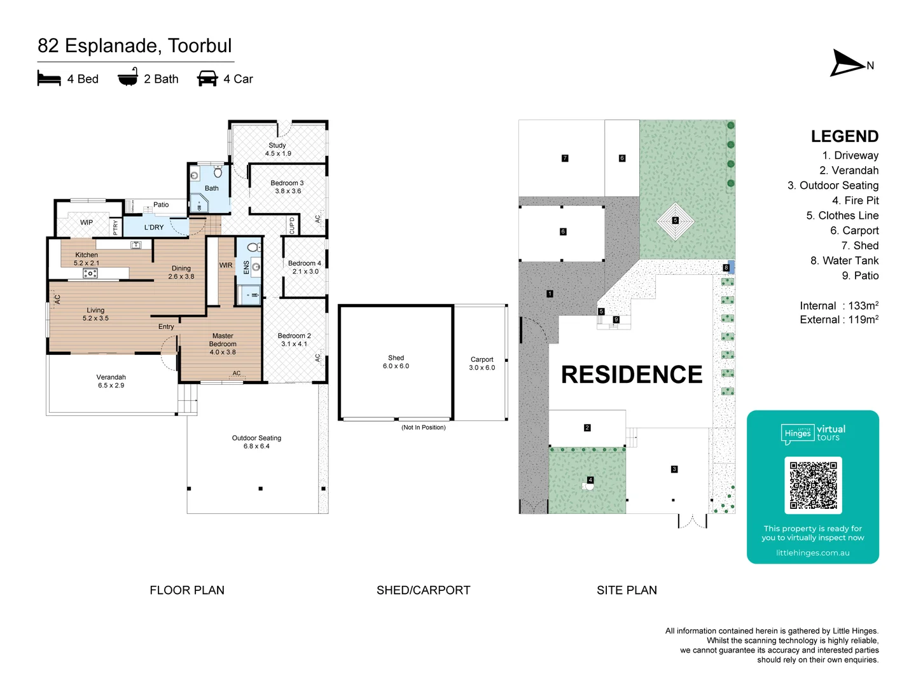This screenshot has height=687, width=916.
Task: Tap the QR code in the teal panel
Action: tap(813, 485)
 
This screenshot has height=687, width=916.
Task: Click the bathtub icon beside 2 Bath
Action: tap(128, 78)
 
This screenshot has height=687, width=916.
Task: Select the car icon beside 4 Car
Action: tap(207, 78)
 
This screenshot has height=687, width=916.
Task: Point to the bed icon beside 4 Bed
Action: tap(49, 78)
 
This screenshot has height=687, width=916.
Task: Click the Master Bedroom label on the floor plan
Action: tap(223, 343)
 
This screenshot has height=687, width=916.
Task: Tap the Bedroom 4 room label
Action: tap(305, 267)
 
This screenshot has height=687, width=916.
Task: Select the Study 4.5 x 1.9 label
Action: tap(278, 149)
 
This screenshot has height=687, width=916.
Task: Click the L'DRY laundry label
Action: tap(154, 227)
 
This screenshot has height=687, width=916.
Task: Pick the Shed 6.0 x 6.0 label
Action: tap(396, 362)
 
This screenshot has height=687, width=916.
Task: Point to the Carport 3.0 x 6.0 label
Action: tap(482, 363)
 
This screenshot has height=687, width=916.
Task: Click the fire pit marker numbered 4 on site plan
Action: tap(590, 480)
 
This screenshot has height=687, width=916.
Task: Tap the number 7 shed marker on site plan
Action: tap(565, 158)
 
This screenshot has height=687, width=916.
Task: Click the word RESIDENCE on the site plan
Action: tap(631, 375)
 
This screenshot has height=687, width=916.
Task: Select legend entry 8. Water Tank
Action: tap(844, 261)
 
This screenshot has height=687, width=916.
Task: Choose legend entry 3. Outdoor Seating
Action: tap(833, 186)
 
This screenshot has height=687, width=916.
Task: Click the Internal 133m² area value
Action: tap(838, 306)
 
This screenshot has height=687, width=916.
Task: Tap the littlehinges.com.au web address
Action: tap(812, 553)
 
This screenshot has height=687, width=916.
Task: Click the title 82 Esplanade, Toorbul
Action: tap(135, 46)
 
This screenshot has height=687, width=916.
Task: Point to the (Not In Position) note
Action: tap(423, 427)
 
